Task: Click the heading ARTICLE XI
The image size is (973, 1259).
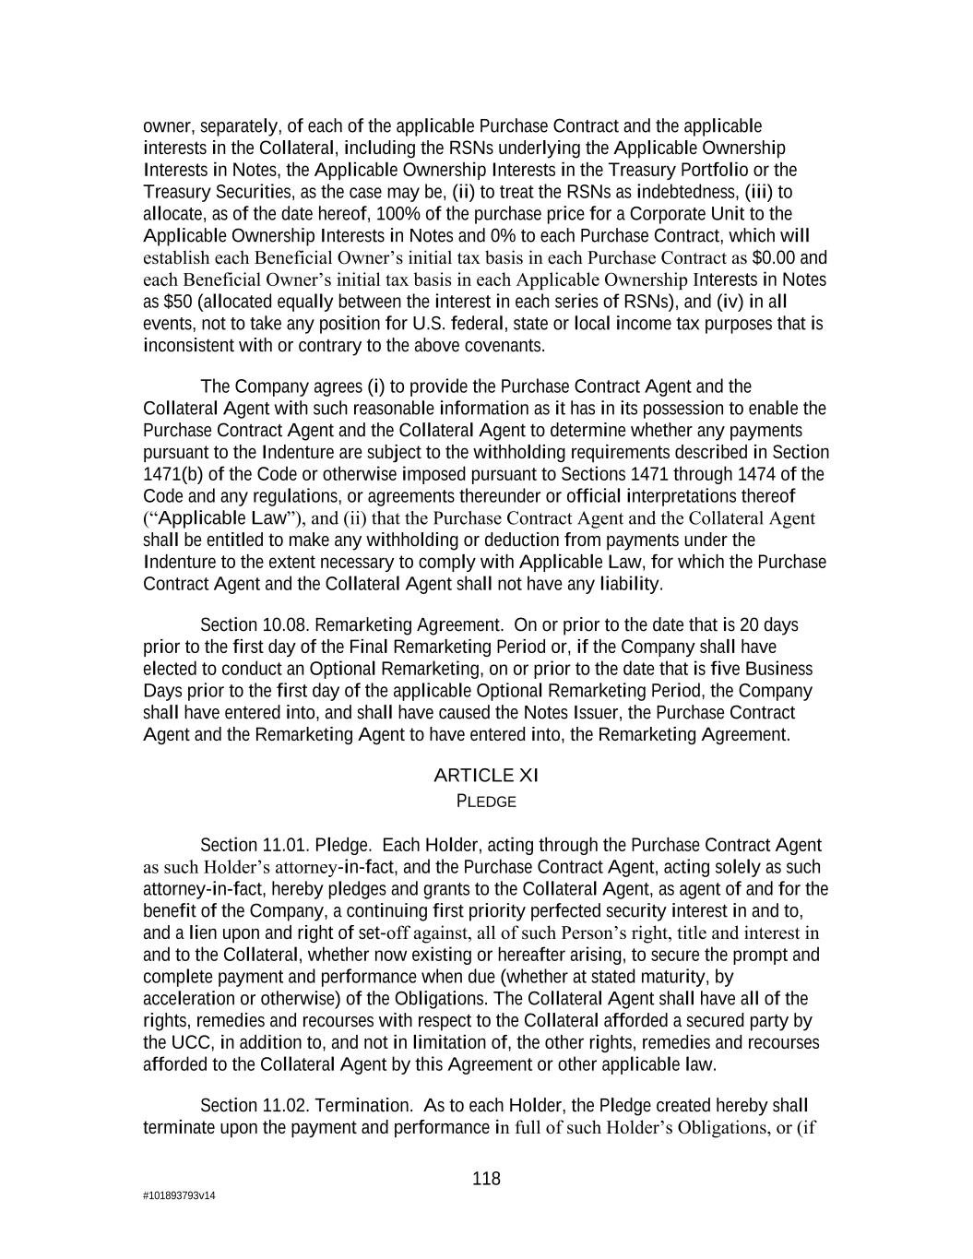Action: coord(486,776)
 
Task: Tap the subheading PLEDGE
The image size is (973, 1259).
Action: coord(486,802)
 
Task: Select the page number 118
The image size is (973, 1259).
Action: coord(486,1179)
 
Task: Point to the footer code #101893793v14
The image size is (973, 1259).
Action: coord(179,1196)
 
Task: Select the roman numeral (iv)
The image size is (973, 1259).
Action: coord(732,303)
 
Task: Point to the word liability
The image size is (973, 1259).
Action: coord(630,585)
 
